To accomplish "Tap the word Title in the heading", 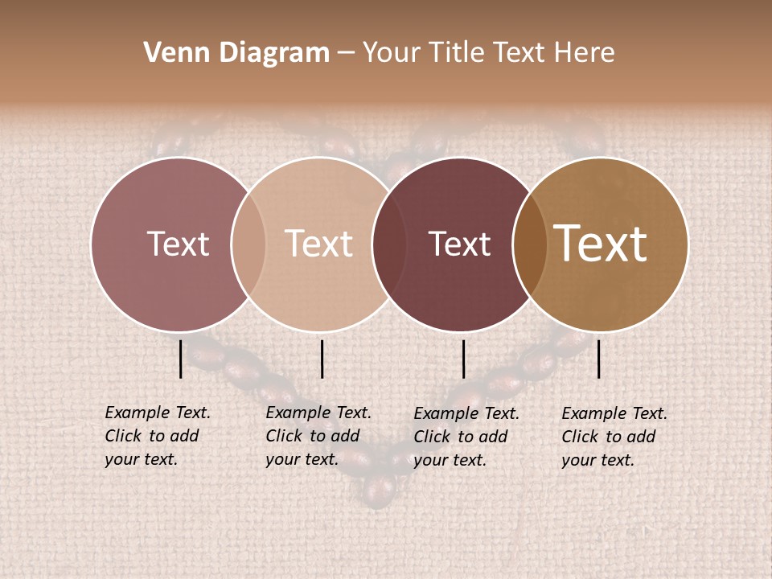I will coord(458,53).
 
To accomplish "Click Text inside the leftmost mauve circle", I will coord(178,244).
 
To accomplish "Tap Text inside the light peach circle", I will coord(319,244).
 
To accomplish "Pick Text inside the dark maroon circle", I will coord(459,244).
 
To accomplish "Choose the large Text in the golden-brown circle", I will coord(601,244).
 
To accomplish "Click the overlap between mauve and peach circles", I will coord(248,244).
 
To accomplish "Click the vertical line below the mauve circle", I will coord(181,359).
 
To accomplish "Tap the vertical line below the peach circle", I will coord(322,359).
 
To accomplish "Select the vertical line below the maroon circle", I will coord(464,359).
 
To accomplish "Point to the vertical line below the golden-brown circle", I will coord(599,359).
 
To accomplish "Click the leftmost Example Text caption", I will coord(157,436).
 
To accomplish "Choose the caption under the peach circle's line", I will coord(318,436).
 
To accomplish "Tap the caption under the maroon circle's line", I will coord(466,437).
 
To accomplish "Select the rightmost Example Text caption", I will coord(614,437).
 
